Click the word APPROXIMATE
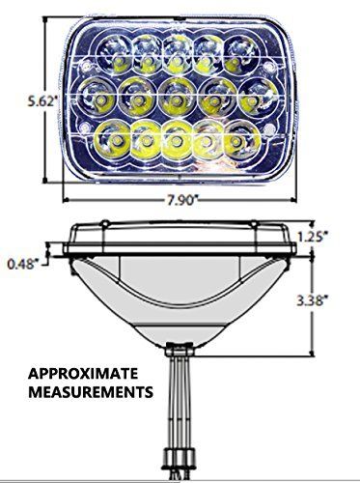pyautogui.click(x=82, y=374)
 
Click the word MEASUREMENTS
pyautogui.click(x=90, y=393)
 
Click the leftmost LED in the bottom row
pyautogui.click(x=108, y=137)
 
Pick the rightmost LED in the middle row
pyautogui.click(x=257, y=95)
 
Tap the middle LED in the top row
pyautogui.click(x=177, y=48)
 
